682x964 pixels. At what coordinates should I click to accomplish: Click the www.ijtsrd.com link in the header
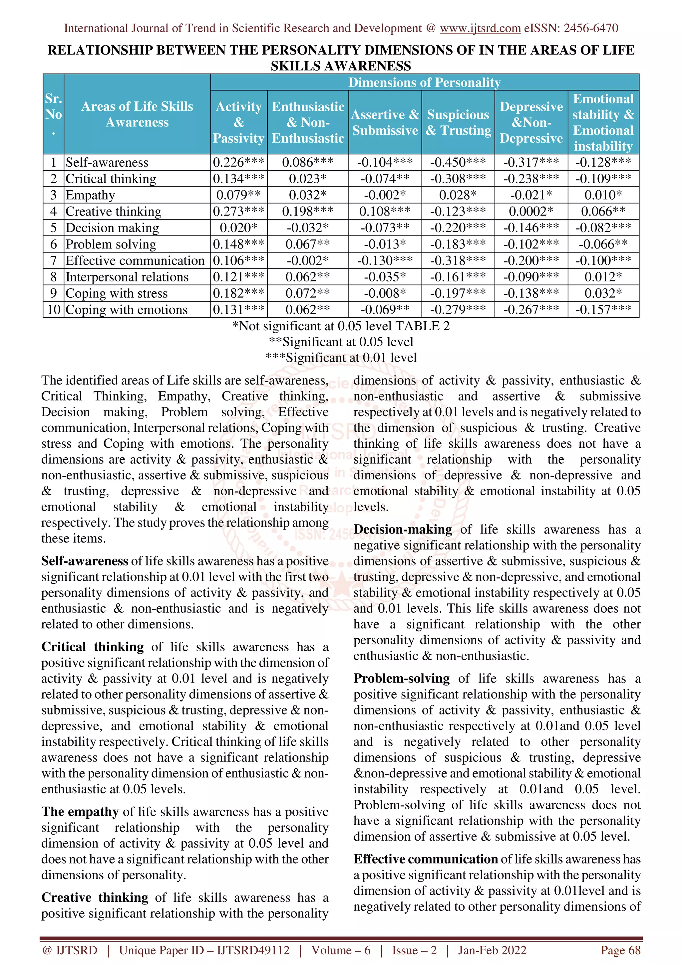[x=480, y=28]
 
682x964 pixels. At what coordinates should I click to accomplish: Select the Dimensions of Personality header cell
[x=424, y=82]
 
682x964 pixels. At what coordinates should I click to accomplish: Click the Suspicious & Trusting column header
[x=458, y=122]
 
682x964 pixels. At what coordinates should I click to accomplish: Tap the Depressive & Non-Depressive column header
[x=531, y=122]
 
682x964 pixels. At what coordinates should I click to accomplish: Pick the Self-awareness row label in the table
[x=107, y=162]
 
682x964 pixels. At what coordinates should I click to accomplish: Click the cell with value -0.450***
[x=458, y=162]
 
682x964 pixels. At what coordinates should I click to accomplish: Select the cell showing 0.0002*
[x=531, y=211]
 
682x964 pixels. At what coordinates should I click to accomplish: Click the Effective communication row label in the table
[x=135, y=261]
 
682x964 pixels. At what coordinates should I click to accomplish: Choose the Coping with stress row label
[x=117, y=293]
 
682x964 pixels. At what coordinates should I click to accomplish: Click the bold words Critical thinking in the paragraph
[x=93, y=647]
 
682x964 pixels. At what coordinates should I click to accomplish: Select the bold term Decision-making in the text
[x=403, y=530]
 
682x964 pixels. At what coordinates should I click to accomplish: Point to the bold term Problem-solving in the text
[x=401, y=679]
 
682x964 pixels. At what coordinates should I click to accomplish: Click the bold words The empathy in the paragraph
[x=80, y=812]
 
